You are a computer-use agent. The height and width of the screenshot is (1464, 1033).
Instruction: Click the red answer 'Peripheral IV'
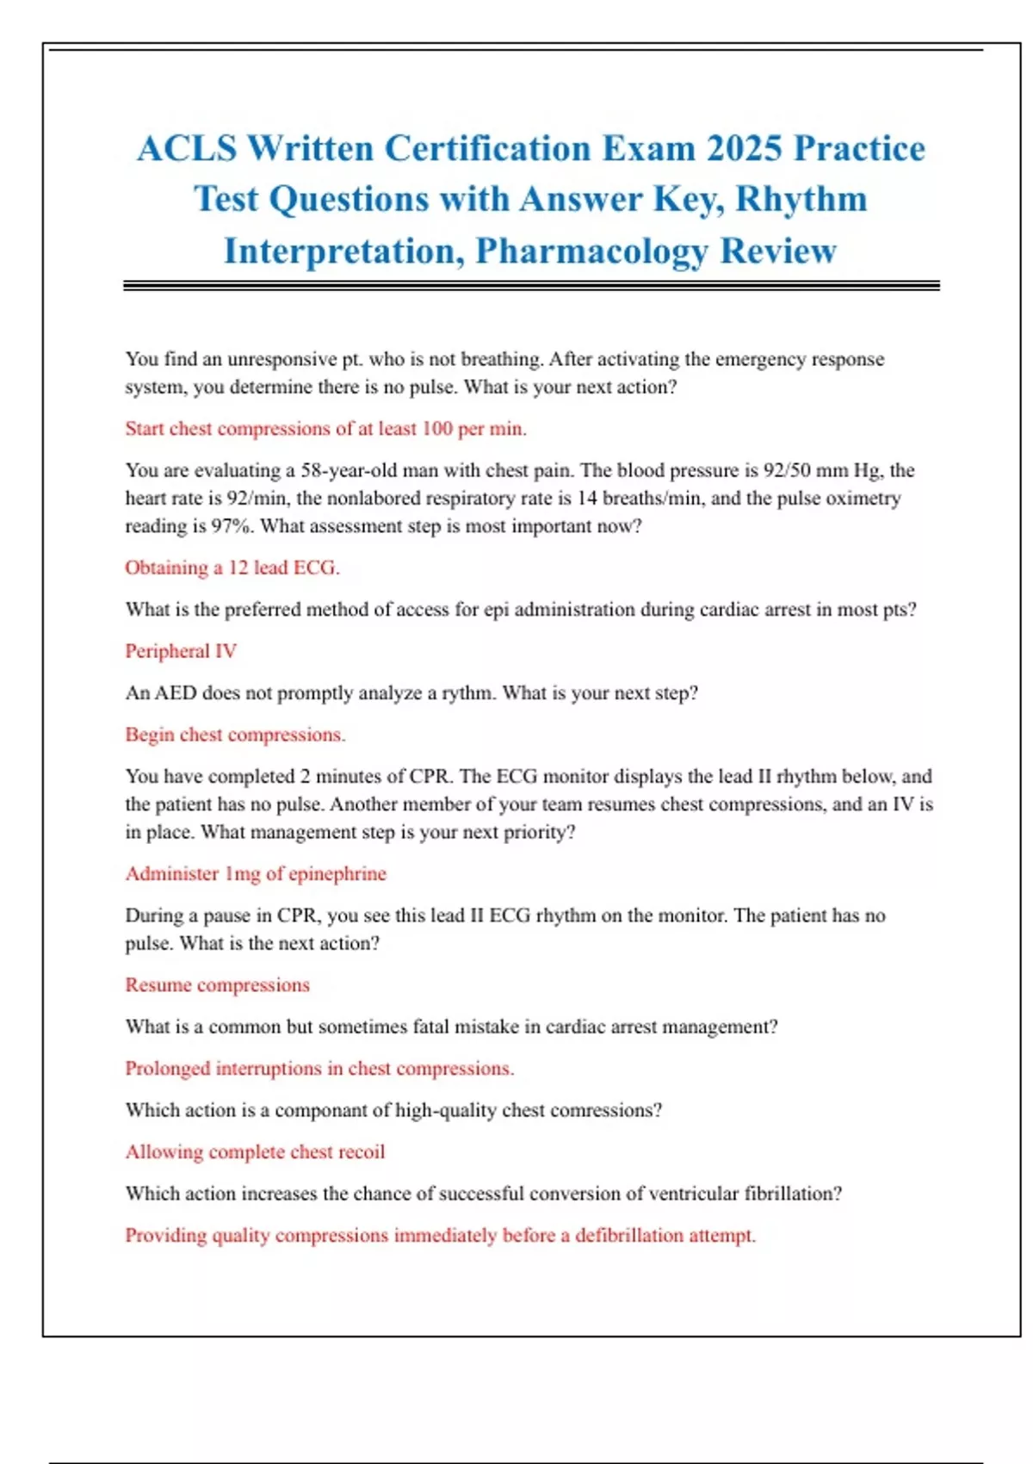click(181, 651)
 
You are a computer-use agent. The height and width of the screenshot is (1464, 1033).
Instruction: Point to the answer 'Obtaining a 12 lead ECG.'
click(232, 568)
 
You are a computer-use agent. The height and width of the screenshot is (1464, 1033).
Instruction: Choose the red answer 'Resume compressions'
click(217, 984)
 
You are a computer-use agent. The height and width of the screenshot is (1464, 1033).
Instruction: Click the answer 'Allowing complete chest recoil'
click(255, 1151)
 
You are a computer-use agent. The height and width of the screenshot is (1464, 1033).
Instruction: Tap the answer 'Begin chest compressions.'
click(235, 735)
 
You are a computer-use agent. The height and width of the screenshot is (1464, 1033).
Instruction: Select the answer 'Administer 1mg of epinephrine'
click(256, 873)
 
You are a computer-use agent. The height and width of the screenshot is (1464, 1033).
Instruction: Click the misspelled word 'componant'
click(321, 1110)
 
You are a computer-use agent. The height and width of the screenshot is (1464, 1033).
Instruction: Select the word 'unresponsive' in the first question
click(281, 359)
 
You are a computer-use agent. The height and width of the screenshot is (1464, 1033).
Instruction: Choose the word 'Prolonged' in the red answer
click(167, 1069)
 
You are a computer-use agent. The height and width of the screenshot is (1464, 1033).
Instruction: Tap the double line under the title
click(531, 285)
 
